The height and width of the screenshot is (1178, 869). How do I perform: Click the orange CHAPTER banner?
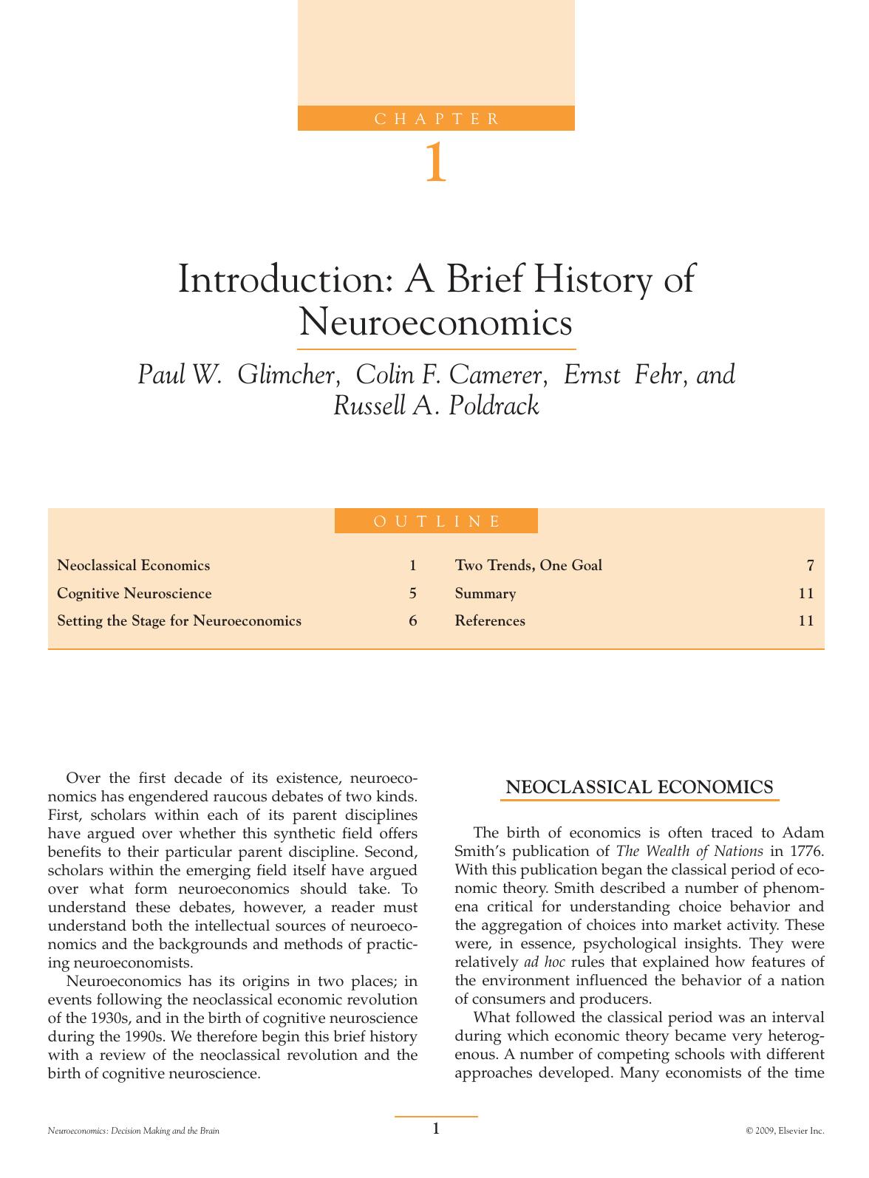pos(436,118)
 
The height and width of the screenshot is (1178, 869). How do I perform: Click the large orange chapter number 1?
pos(435,163)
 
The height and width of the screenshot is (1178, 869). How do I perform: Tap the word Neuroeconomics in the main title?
pos(436,322)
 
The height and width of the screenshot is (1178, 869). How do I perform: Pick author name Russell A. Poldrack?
pos(436,405)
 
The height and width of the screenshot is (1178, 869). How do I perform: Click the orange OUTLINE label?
pos(436,521)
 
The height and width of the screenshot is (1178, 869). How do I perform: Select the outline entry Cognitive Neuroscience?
pos(134,594)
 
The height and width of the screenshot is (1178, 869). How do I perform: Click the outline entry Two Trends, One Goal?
pos(528,566)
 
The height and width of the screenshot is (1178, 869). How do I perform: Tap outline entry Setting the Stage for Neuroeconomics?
pos(180,621)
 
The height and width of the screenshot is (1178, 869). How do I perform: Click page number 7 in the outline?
pos(810,566)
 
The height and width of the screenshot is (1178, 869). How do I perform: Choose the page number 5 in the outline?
pos(413,594)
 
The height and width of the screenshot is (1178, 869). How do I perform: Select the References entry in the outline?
pos(490,621)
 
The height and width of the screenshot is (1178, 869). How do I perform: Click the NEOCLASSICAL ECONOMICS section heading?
pos(639,787)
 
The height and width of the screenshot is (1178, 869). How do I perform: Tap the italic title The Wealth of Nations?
pos(689,852)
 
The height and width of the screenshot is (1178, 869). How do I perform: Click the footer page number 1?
pos(436,1129)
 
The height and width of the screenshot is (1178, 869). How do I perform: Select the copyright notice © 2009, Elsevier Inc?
pos(785,1131)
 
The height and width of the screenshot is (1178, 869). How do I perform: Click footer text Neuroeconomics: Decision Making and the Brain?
pos(134,1131)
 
